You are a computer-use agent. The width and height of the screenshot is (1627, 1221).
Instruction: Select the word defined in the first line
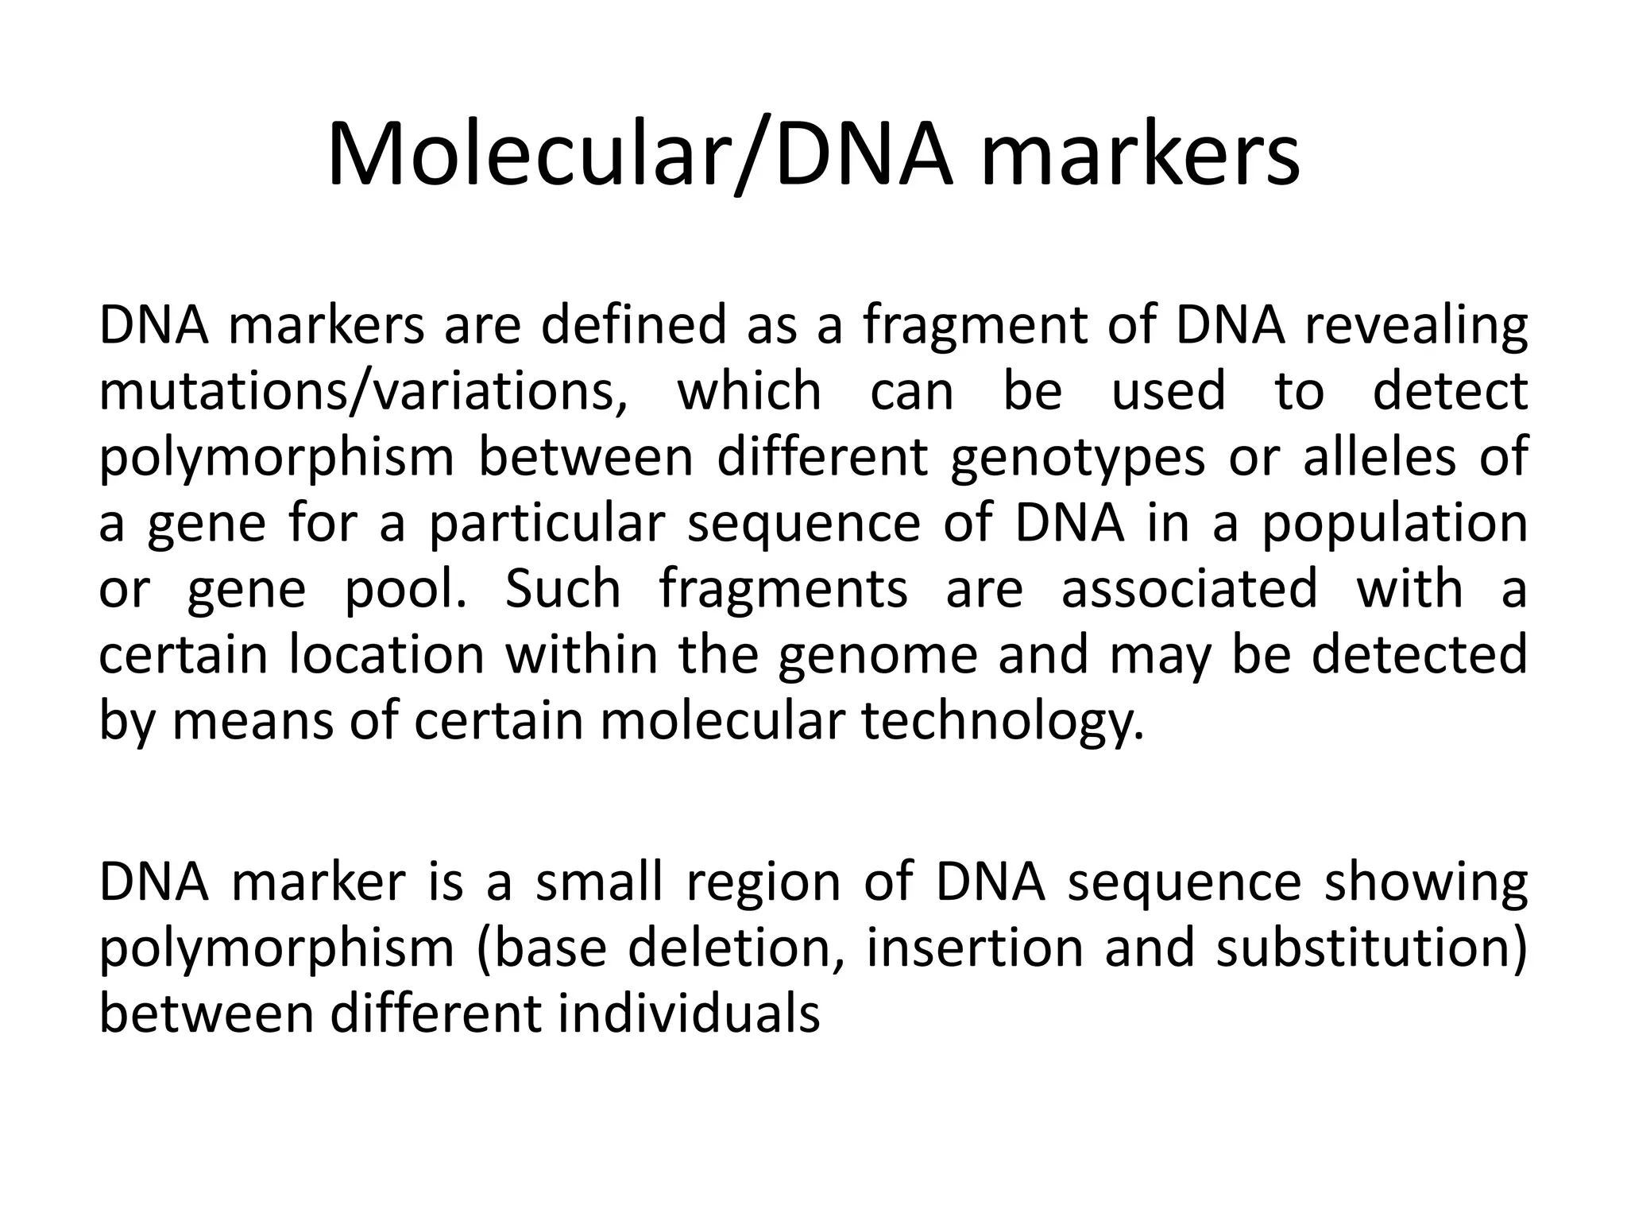pyautogui.click(x=633, y=325)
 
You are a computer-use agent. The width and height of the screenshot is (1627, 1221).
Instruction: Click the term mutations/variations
pyautogui.click(x=363, y=391)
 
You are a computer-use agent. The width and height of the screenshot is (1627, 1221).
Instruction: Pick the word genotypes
pyautogui.click(x=1077, y=459)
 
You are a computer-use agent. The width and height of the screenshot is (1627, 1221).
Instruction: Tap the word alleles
pyautogui.click(x=1379, y=457)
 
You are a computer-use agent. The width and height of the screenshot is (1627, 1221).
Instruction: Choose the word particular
pyautogui.click(x=547, y=525)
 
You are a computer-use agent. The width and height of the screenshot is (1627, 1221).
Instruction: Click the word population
pyautogui.click(x=1395, y=525)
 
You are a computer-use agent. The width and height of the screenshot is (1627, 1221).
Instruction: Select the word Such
pyautogui.click(x=562, y=589)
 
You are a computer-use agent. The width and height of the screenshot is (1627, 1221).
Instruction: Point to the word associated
pyautogui.click(x=1189, y=589)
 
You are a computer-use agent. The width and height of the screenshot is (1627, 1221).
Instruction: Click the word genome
pyautogui.click(x=877, y=657)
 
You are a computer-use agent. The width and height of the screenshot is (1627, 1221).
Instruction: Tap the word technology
pyautogui.click(x=1003, y=723)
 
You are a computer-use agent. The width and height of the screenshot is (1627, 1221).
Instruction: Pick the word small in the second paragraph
pyautogui.click(x=599, y=882)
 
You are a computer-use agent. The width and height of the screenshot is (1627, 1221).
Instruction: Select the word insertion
pyautogui.click(x=974, y=948)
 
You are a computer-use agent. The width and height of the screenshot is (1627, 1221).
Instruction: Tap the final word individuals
pyautogui.click(x=688, y=1014)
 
